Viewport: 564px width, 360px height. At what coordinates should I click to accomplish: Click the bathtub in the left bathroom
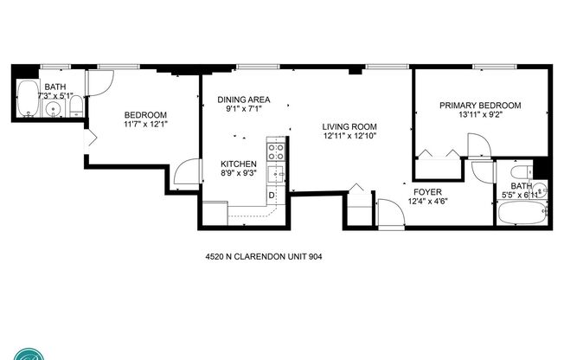coord(28,100)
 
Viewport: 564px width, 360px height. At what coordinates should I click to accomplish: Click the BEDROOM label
coord(145,115)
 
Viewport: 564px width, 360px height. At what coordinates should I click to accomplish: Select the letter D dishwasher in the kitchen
coord(272,194)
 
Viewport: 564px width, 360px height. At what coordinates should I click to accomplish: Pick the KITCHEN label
coord(237,164)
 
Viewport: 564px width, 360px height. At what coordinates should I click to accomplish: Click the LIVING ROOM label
coord(350,126)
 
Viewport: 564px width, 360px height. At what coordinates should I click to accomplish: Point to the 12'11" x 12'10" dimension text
coord(350,136)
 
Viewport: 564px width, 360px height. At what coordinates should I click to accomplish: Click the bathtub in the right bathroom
coord(522,213)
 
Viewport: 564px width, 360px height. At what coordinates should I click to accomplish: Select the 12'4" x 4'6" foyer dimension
coord(428,202)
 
